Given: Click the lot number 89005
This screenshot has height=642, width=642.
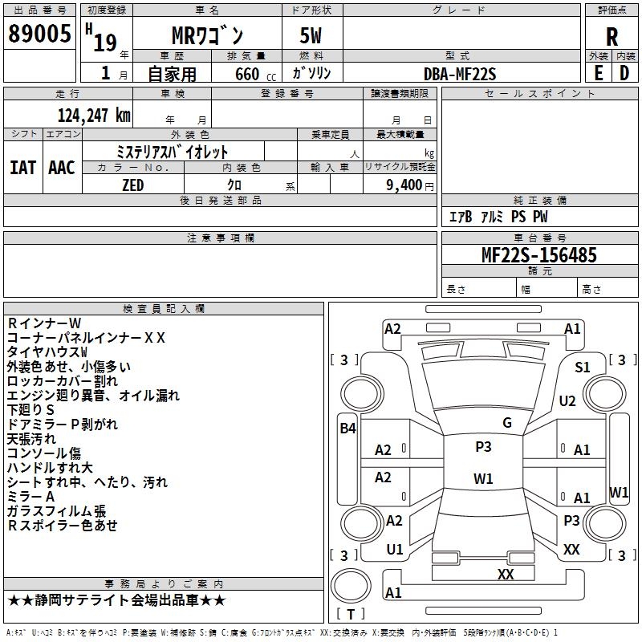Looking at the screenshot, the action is click(x=39, y=33).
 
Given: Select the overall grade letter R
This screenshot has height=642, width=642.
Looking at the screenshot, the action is click(x=612, y=37).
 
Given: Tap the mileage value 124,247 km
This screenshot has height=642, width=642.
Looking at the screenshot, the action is click(x=94, y=116).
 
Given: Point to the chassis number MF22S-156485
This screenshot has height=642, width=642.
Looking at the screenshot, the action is click(x=539, y=254).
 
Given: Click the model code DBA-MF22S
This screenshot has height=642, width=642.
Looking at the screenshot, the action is click(x=460, y=74).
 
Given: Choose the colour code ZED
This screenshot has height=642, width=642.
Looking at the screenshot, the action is click(x=133, y=185).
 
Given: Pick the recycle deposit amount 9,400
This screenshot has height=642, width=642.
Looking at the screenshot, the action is click(x=404, y=185).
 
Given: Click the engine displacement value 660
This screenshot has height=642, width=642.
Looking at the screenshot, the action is click(x=247, y=74).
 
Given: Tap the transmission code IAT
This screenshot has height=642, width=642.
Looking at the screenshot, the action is click(x=22, y=168).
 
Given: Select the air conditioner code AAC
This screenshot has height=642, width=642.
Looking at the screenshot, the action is click(x=62, y=168).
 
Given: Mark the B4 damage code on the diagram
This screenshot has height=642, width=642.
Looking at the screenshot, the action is click(x=347, y=429).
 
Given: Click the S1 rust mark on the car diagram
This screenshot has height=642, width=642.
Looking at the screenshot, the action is click(x=583, y=368).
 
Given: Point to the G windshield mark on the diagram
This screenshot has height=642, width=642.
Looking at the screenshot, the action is click(x=507, y=423).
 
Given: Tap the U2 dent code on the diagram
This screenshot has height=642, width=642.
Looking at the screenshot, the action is click(x=567, y=400).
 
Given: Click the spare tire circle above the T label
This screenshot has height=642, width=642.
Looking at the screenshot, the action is click(x=351, y=586).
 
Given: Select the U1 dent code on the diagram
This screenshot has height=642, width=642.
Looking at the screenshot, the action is click(x=395, y=550).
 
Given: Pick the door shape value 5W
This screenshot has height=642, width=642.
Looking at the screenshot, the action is click(x=311, y=35).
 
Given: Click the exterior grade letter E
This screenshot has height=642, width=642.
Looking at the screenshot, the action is click(x=598, y=73).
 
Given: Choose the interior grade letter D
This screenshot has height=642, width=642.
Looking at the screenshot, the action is click(x=624, y=73).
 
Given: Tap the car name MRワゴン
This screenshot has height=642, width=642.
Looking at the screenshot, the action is click(x=208, y=35).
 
